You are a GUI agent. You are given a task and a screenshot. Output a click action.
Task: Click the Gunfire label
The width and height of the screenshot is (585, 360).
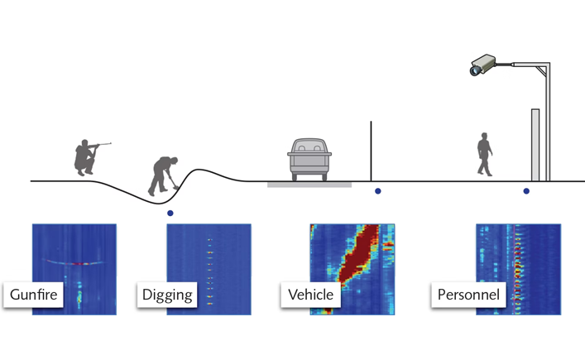(x=33, y=295)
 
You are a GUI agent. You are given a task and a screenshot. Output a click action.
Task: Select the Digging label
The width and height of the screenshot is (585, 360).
(x=167, y=295)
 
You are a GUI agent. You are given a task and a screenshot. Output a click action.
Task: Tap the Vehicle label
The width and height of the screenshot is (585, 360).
(x=310, y=295)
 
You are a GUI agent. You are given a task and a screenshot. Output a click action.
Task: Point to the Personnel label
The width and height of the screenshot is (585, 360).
(x=468, y=295)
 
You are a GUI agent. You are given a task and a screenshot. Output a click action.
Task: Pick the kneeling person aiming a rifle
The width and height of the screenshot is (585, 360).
(x=85, y=158)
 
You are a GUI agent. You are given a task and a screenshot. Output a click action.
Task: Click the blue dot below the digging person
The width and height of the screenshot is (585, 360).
(x=170, y=213)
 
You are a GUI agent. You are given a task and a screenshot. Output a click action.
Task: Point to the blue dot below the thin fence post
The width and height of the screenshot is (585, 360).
(x=378, y=191)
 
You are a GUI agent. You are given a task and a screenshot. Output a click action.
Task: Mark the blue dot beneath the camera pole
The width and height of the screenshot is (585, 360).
(x=526, y=191)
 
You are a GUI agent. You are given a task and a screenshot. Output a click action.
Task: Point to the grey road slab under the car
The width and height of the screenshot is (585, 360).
(x=309, y=184)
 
